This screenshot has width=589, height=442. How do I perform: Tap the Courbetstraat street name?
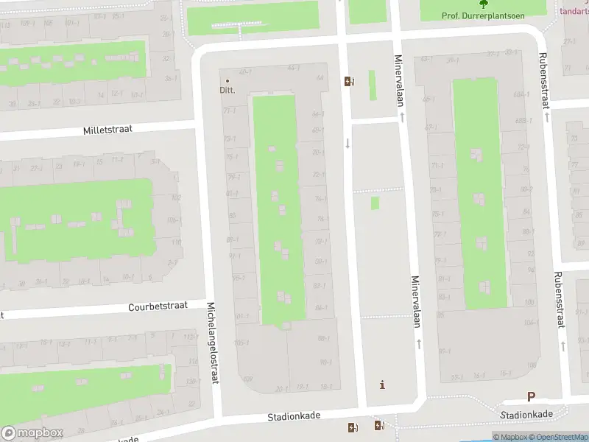pos(158,306)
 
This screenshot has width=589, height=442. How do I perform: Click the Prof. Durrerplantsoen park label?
pos(484,15)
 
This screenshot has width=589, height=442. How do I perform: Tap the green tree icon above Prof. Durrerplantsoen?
pos(484,4)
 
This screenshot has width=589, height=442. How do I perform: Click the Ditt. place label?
pos(228,91)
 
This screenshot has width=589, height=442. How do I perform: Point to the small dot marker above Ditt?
pos(228,80)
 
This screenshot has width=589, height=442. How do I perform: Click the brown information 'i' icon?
pos(381,385)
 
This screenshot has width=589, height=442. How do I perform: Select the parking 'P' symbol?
pos(530,396)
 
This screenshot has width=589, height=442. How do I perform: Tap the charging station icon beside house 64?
pos(348,81)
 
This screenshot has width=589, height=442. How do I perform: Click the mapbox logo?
pos(32,433)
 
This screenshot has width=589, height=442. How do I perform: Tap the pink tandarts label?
pos(575,11)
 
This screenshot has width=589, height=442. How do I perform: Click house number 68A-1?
pos(521,94)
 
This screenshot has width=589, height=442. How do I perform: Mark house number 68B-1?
pos(523,121)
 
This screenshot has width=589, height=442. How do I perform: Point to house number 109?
pos(247,379)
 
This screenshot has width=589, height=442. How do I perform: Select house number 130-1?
pos(192,381)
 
